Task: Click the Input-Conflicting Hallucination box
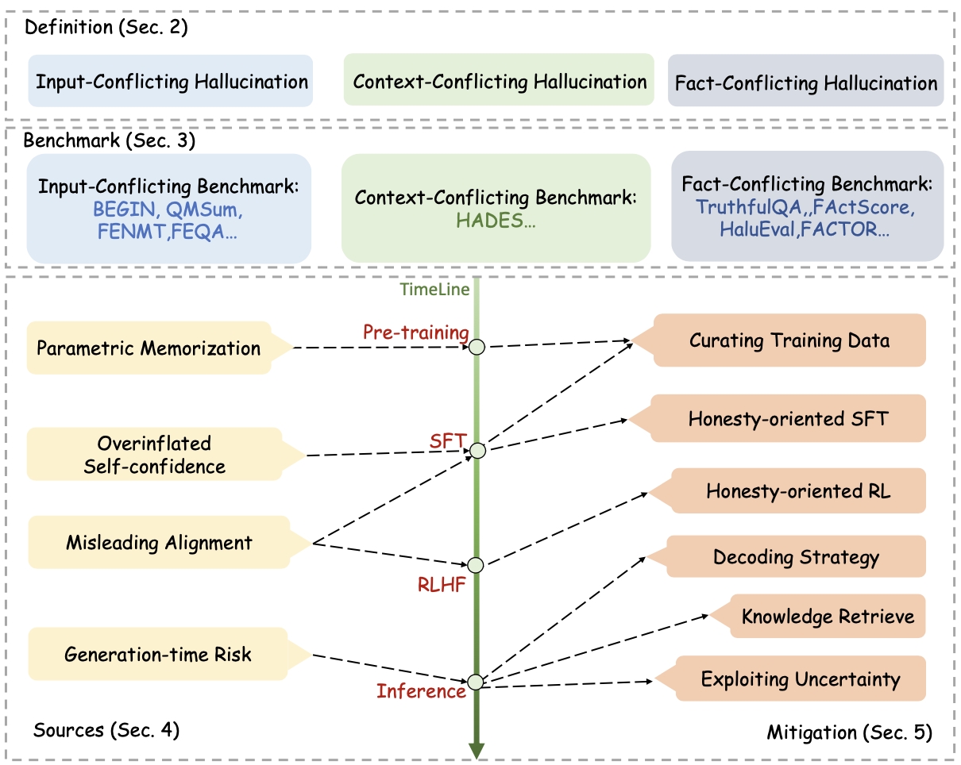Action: point(172,81)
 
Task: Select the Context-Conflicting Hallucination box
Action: point(499,80)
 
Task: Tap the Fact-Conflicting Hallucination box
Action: point(805,82)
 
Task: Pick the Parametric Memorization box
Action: point(149,348)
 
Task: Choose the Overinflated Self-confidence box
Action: point(155,454)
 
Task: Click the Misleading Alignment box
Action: point(159,543)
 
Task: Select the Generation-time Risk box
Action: point(157,655)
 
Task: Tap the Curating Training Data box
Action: point(789,340)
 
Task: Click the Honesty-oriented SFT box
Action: point(789,418)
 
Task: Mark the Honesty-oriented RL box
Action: point(798,491)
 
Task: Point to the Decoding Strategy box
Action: point(796,556)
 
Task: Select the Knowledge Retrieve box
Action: point(828,617)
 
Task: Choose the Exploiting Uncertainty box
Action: point(801,679)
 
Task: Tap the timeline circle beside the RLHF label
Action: point(477,565)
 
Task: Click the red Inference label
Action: point(421,691)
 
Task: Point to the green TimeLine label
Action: point(434,289)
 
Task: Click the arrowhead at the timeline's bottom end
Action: point(477,749)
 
